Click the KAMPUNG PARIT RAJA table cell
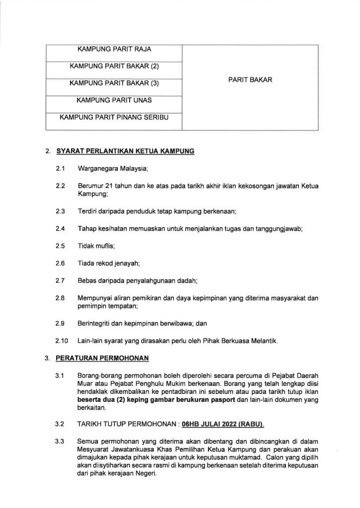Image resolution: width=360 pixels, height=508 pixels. tap(114, 50)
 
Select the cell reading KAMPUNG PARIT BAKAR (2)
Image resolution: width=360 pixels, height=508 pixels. tap(114, 66)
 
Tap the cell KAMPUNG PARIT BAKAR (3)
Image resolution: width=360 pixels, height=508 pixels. tap(114, 83)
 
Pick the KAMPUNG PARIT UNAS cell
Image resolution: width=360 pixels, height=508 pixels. tap(114, 101)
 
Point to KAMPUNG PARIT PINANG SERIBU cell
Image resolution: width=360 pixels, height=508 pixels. tap(114, 118)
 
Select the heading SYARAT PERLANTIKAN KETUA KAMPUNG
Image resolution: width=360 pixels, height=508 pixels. tap(125, 151)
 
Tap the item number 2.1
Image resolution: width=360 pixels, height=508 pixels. tap(61, 169)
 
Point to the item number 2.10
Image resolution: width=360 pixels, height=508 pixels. tap(62, 341)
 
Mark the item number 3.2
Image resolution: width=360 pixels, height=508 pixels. tap(61, 425)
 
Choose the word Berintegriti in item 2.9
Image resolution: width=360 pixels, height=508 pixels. tap(94, 323)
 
